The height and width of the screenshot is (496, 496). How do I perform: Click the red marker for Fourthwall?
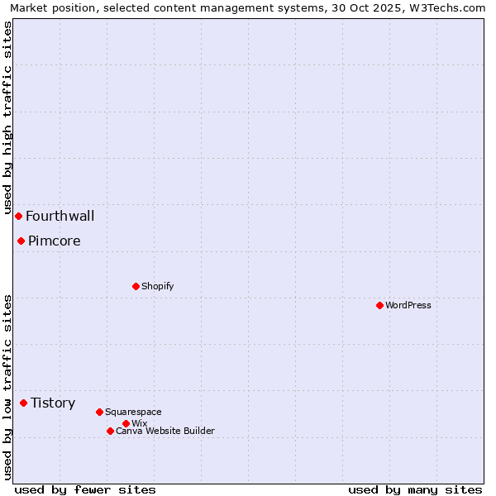[18, 216]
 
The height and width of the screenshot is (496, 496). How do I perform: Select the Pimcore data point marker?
[21, 241]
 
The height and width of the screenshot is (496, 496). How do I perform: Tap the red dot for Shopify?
[136, 286]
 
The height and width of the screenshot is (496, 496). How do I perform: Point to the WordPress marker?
[379, 305]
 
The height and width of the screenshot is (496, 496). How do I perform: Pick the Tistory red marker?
[23, 403]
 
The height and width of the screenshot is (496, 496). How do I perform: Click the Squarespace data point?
[99, 412]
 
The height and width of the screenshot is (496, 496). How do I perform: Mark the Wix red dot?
[126, 423]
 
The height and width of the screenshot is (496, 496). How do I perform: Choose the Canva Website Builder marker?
[110, 431]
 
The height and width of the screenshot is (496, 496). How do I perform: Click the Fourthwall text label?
[60, 217]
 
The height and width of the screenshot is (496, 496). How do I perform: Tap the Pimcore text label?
[55, 241]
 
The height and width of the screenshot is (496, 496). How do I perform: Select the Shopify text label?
[158, 286]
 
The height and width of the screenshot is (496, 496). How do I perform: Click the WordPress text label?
[408, 305]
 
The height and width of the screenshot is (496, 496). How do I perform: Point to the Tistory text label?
[53, 403]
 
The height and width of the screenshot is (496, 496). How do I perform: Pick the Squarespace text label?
[133, 412]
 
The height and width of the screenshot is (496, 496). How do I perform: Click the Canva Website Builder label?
[165, 431]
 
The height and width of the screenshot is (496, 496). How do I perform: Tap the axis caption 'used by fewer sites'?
[85, 489]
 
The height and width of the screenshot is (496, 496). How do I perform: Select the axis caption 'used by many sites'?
[415, 489]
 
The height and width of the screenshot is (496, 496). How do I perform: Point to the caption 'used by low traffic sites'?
[7, 387]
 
